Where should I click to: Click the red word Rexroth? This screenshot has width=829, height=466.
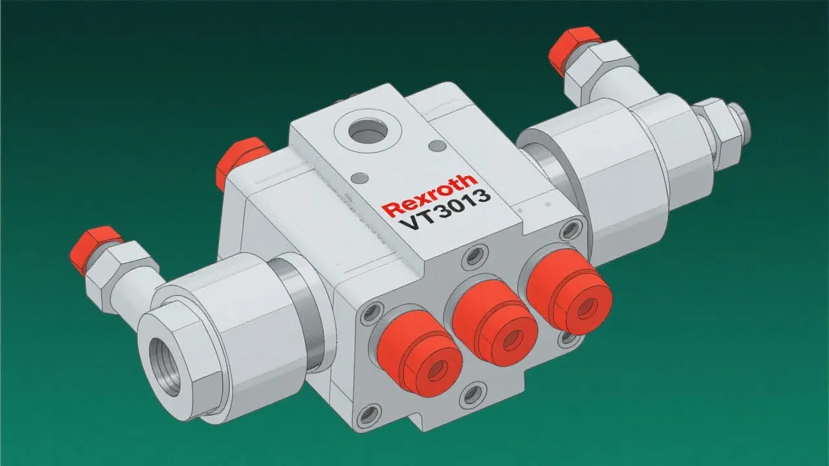point(429,195)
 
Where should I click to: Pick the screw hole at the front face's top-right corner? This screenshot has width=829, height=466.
point(570,228)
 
